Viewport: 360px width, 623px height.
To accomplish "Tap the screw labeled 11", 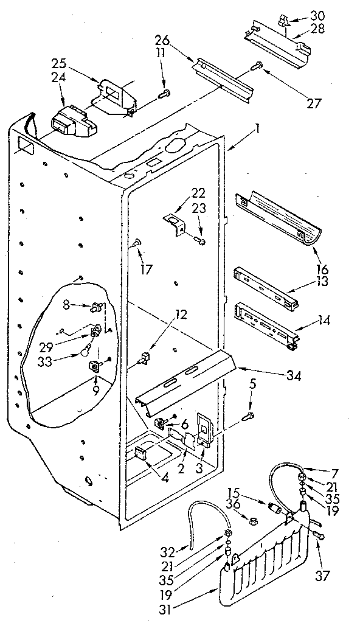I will [164, 94].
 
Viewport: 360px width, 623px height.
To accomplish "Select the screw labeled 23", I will [201, 242].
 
